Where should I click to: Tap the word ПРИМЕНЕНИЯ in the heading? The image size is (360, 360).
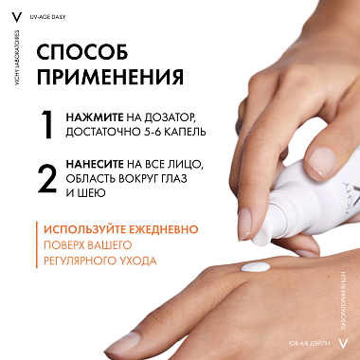click(111, 75)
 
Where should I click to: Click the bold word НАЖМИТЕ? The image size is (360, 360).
click(93, 118)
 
